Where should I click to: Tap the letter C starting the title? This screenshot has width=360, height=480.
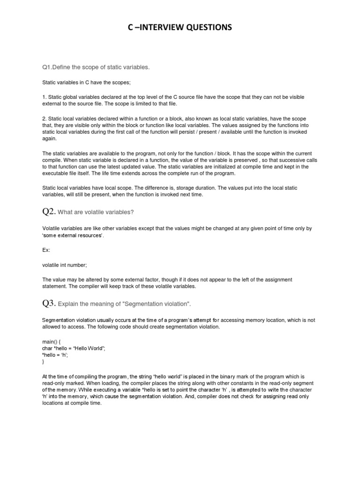[130, 29]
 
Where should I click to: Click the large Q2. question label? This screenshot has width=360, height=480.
[49, 212]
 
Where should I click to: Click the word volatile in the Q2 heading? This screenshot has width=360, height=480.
[95, 212]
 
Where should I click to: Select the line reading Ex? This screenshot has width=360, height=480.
[46, 250]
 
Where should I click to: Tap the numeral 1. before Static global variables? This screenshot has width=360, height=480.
[44, 97]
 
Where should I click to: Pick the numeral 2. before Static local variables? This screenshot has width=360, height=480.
[44, 119]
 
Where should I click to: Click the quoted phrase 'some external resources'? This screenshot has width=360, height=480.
[73, 235]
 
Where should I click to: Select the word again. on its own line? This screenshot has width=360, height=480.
[50, 139]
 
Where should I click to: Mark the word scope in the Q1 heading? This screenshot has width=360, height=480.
[89, 67]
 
